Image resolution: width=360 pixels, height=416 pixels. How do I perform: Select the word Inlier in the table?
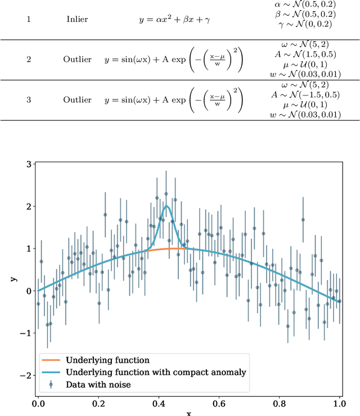pyautogui.click(x=77, y=20)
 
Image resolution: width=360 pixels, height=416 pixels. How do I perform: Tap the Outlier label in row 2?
pyautogui.click(x=77, y=60)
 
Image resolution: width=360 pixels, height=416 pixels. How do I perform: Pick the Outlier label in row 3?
pyautogui.click(x=77, y=100)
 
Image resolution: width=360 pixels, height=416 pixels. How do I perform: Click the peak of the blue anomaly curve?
pyautogui.click(x=166, y=206)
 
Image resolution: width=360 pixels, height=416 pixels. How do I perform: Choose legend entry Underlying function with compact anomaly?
pyautogui.click(x=156, y=372)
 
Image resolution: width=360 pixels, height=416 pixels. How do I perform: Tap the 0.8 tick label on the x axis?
pyautogui.click(x=280, y=403)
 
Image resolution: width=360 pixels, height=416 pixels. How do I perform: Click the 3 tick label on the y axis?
pyautogui.click(x=26, y=164)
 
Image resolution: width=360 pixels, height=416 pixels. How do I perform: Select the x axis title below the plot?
pyautogui.click(x=189, y=413)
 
